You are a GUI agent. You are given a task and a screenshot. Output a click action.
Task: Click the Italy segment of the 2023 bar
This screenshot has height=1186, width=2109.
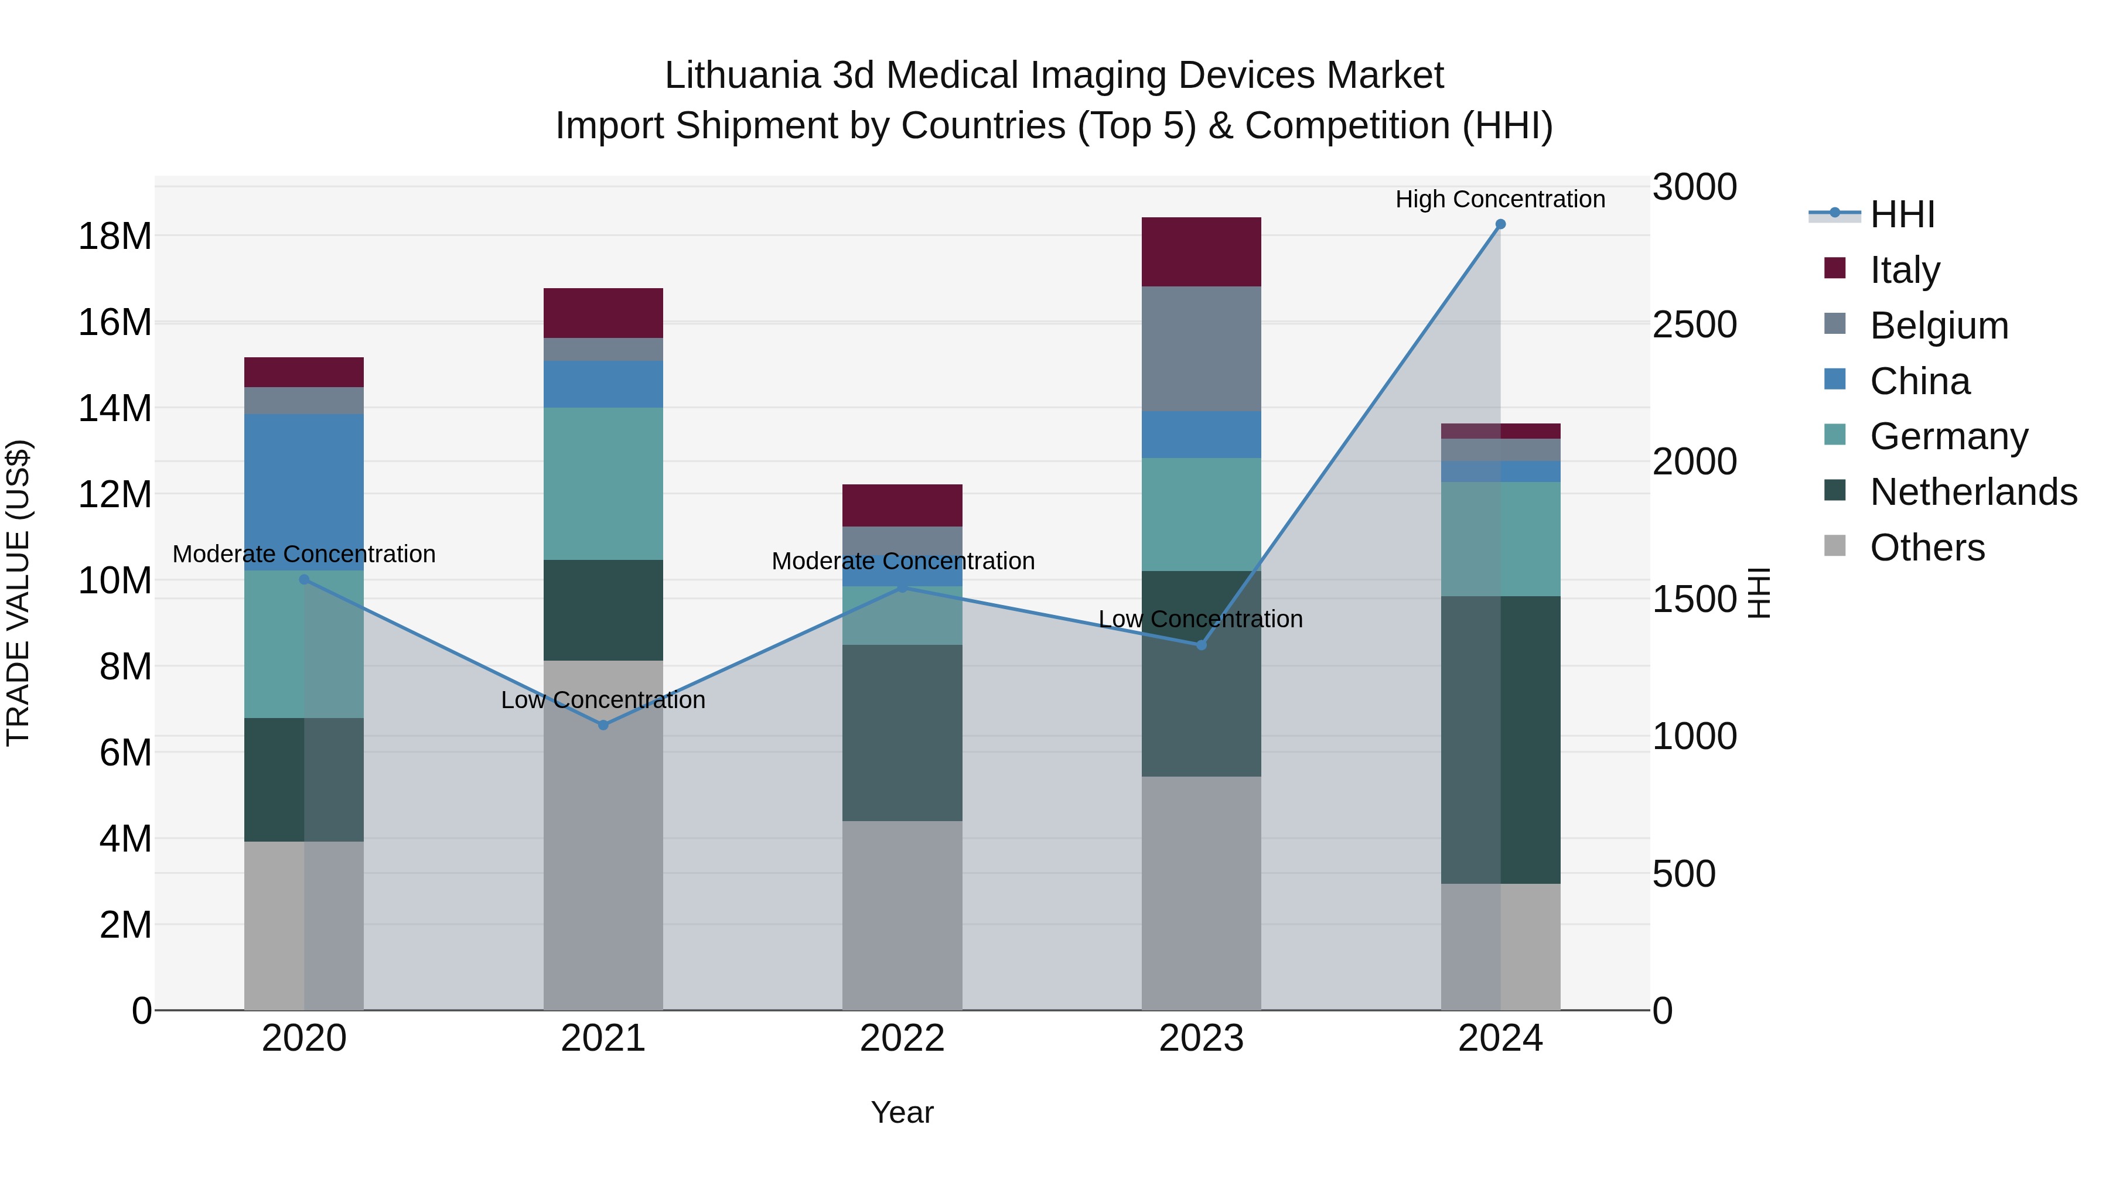[x=1201, y=251]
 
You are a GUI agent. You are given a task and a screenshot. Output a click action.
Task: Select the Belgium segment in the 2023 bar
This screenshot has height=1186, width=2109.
[x=1201, y=348]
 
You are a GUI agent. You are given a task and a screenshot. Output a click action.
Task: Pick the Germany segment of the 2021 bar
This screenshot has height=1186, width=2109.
[x=603, y=483]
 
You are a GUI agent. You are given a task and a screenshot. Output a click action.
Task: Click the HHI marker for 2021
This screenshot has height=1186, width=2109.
[x=603, y=725]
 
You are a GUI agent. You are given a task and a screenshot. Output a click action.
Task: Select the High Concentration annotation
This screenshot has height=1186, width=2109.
[x=1500, y=199]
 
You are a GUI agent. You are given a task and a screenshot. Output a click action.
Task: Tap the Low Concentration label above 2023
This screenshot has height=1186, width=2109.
[x=1200, y=619]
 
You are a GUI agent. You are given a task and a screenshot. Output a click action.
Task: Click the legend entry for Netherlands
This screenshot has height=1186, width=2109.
[x=1973, y=492]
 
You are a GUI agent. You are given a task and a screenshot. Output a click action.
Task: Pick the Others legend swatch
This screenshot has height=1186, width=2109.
[x=1835, y=546]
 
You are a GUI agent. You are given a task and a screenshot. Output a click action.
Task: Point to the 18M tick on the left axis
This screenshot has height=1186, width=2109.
[x=115, y=237]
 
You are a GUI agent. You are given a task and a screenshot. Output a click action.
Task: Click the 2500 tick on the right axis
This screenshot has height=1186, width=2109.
[x=1694, y=325]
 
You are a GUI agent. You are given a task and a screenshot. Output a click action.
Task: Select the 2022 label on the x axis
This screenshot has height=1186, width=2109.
[x=902, y=1038]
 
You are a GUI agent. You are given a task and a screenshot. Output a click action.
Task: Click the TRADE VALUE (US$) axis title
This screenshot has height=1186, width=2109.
[x=18, y=593]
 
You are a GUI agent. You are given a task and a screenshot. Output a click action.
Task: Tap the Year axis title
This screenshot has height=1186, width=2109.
[x=902, y=1112]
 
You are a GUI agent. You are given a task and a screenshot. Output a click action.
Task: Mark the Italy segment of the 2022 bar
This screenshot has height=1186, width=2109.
[x=902, y=505]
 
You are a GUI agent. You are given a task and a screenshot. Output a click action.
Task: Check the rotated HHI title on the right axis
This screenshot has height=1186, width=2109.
[x=1759, y=593]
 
